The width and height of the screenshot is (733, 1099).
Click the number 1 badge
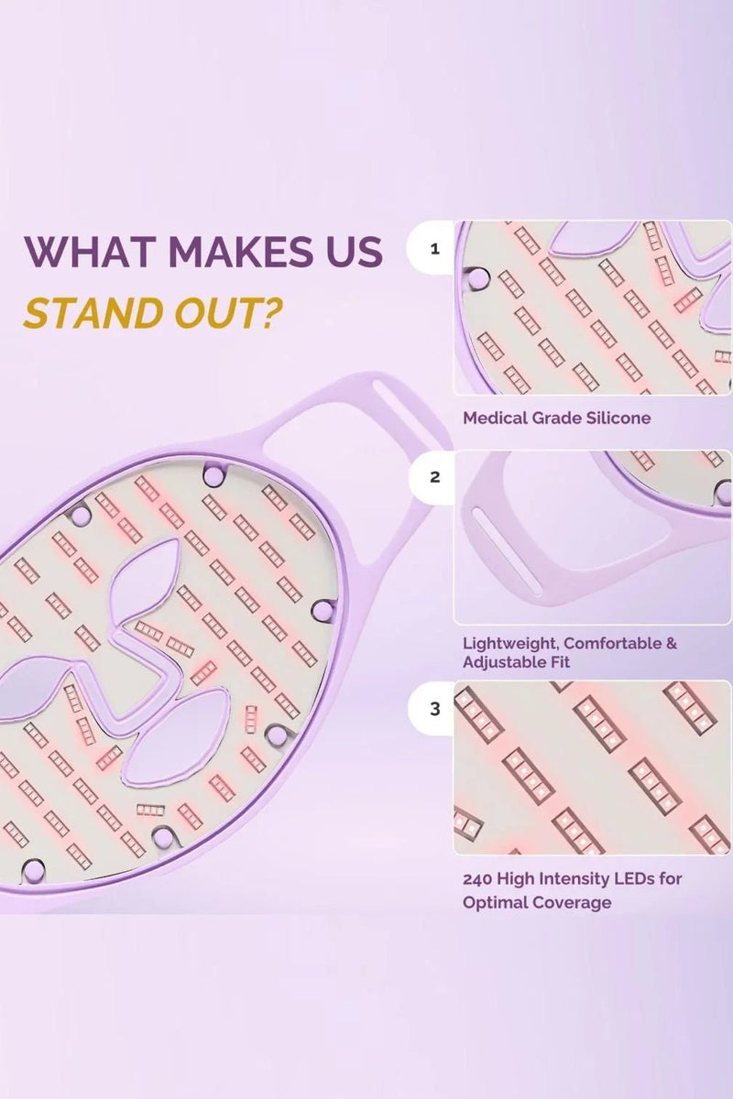coord(434,249)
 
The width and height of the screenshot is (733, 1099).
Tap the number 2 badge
coord(434,477)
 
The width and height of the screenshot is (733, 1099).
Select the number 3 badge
coord(434,710)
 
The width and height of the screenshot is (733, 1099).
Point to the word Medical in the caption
coord(493,418)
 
